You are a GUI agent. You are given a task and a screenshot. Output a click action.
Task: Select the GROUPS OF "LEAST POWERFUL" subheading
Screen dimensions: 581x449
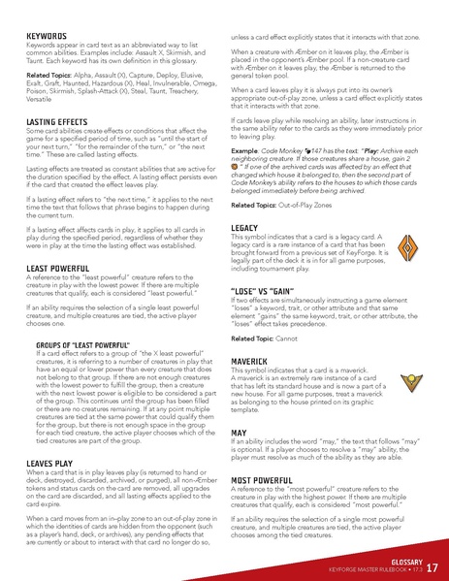point(84,343)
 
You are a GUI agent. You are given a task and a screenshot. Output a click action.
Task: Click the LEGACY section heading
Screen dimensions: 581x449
point(244,227)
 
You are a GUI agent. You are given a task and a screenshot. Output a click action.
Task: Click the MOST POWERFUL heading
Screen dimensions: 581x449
point(264,479)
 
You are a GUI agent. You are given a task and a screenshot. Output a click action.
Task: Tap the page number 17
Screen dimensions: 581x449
point(432,566)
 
